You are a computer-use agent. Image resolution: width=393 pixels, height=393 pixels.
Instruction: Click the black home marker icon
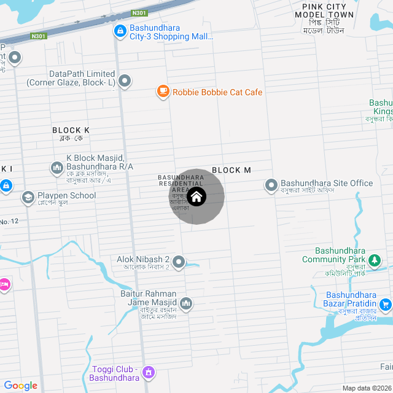(x=196, y=196)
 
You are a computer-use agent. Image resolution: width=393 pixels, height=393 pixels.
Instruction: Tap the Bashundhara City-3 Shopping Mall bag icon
(x=120, y=30)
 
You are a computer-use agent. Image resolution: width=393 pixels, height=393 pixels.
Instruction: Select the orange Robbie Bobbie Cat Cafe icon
(x=163, y=92)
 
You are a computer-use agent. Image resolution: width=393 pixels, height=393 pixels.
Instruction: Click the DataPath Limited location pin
(x=125, y=80)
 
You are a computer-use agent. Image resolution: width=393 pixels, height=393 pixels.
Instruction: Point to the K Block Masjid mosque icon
(x=56, y=167)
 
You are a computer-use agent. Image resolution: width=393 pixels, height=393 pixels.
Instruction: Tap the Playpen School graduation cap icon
(x=28, y=197)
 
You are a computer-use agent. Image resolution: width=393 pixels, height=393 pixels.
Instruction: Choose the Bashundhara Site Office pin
(x=271, y=184)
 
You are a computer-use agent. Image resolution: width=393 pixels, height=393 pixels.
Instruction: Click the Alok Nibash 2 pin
(x=179, y=262)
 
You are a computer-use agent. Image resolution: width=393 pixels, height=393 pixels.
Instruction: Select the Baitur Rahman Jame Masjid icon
(x=185, y=303)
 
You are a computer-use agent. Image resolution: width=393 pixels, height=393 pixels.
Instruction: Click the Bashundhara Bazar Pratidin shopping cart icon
(x=385, y=304)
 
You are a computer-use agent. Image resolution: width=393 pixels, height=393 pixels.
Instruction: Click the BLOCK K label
(x=71, y=130)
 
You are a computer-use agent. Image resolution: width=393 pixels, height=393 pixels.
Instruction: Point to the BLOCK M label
(x=232, y=170)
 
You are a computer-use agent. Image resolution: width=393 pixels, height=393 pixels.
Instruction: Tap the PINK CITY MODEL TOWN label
(x=324, y=10)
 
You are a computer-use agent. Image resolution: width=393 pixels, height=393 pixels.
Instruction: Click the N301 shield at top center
(x=140, y=12)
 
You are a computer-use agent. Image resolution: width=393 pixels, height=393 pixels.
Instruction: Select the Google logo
(x=20, y=386)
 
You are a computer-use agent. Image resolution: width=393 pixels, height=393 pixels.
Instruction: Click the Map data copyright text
(x=366, y=388)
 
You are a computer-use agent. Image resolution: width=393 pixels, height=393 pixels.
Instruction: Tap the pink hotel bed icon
(x=4, y=284)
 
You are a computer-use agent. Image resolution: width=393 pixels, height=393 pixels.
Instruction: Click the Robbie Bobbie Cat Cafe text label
(x=217, y=93)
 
